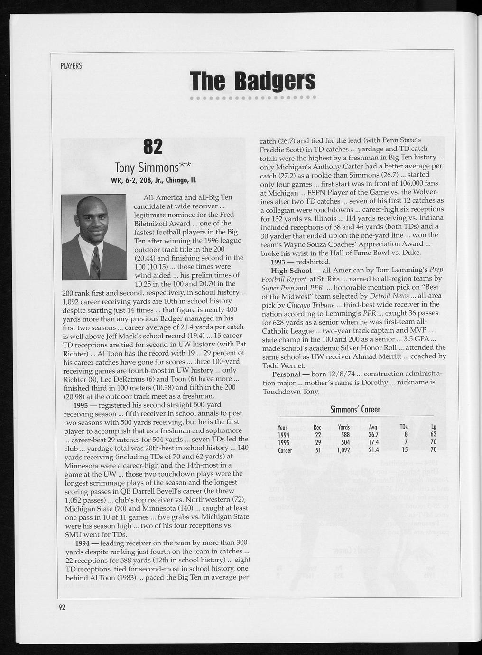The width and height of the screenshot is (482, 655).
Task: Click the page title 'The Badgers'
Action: click(252, 81)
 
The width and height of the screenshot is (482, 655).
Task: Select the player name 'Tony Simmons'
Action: click(153, 168)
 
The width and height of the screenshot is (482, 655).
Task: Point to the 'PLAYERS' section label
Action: click(72, 66)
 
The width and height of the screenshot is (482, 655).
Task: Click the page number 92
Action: click(62, 608)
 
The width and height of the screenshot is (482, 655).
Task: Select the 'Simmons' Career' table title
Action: click(355, 409)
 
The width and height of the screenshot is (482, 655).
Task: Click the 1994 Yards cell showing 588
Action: click(344, 435)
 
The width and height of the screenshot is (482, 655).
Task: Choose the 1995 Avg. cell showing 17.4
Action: click(374, 442)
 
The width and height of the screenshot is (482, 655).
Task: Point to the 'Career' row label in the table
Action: click(285, 450)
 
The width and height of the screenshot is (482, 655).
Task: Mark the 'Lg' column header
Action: click(434, 427)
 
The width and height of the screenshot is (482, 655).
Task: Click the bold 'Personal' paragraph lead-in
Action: click(286, 374)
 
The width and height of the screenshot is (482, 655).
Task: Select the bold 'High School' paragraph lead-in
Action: click(291, 270)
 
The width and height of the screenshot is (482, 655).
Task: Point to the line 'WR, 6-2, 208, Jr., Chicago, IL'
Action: click(153, 181)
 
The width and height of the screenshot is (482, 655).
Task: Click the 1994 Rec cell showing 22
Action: click(318, 435)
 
